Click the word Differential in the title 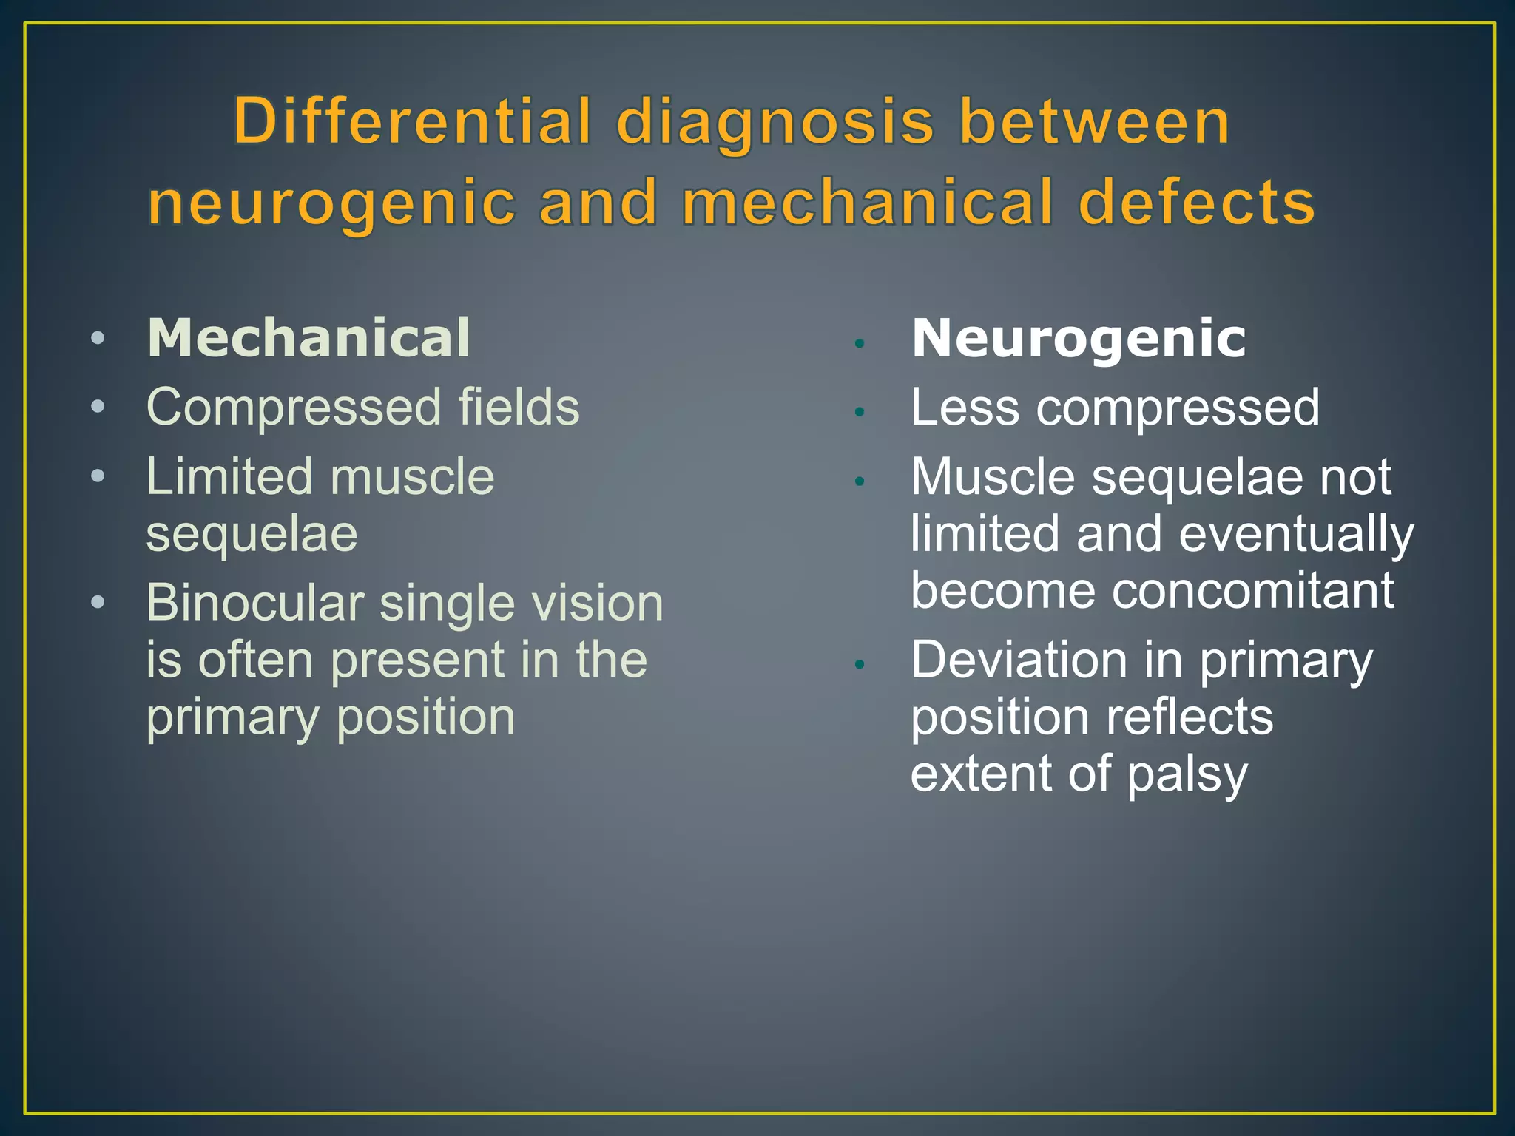coord(413,122)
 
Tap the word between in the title coord(1094,122)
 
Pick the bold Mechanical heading coord(308,338)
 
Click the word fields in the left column coord(519,407)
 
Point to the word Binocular coord(255,603)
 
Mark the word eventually coord(1296,534)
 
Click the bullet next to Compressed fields coord(98,408)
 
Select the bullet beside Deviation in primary coord(859,665)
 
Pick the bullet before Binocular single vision coord(98,603)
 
